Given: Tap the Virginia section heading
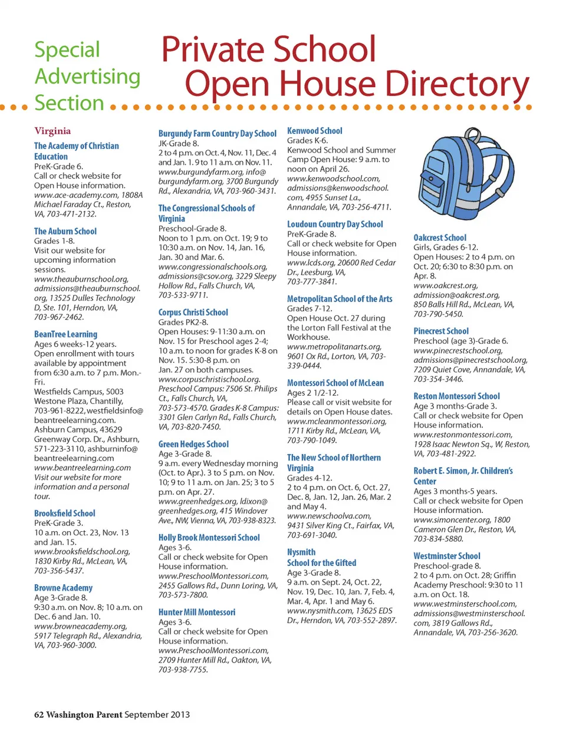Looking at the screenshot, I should point(52,131).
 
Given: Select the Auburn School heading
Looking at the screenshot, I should point(65,231).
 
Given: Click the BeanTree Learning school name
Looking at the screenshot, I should point(65,334).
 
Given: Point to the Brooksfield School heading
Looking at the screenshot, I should point(64,513).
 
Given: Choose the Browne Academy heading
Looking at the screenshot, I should point(63,588).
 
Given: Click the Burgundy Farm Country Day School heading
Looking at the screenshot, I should point(217,134).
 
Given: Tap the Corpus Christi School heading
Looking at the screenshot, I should point(193,312).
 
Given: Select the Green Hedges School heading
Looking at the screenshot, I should point(193,444).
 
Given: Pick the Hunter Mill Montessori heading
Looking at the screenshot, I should point(196,612).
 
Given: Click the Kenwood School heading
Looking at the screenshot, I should point(314,131).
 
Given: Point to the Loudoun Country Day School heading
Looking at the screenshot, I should point(335,224).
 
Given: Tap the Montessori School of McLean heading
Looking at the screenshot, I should point(335,383).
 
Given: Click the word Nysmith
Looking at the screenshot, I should point(301,552).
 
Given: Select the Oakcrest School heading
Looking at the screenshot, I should point(440,237).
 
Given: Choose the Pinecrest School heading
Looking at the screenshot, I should point(441,331).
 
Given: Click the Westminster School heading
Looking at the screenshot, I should point(447,556).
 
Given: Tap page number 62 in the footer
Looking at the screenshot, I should point(39,714).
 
